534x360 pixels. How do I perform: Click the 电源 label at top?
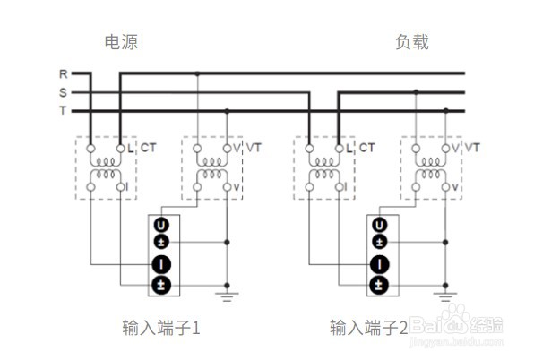click(x=121, y=42)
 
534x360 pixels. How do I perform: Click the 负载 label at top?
click(x=412, y=42)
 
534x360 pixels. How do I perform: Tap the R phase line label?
click(x=63, y=73)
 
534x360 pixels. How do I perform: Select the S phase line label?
click(x=63, y=92)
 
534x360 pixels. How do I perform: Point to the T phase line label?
click(x=63, y=111)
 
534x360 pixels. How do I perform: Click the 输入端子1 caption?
click(x=160, y=327)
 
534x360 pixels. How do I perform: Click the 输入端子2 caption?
click(x=368, y=327)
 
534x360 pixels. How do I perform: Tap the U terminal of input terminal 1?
click(x=161, y=225)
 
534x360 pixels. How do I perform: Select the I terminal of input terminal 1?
click(x=161, y=264)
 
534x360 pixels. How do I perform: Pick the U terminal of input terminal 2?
click(x=380, y=225)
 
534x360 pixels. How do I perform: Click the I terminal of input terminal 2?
click(x=380, y=264)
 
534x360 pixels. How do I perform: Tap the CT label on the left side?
click(x=148, y=146)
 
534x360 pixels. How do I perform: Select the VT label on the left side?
click(x=254, y=146)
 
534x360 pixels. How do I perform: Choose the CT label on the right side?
click(x=366, y=146)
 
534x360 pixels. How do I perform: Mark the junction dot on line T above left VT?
click(x=227, y=111)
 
